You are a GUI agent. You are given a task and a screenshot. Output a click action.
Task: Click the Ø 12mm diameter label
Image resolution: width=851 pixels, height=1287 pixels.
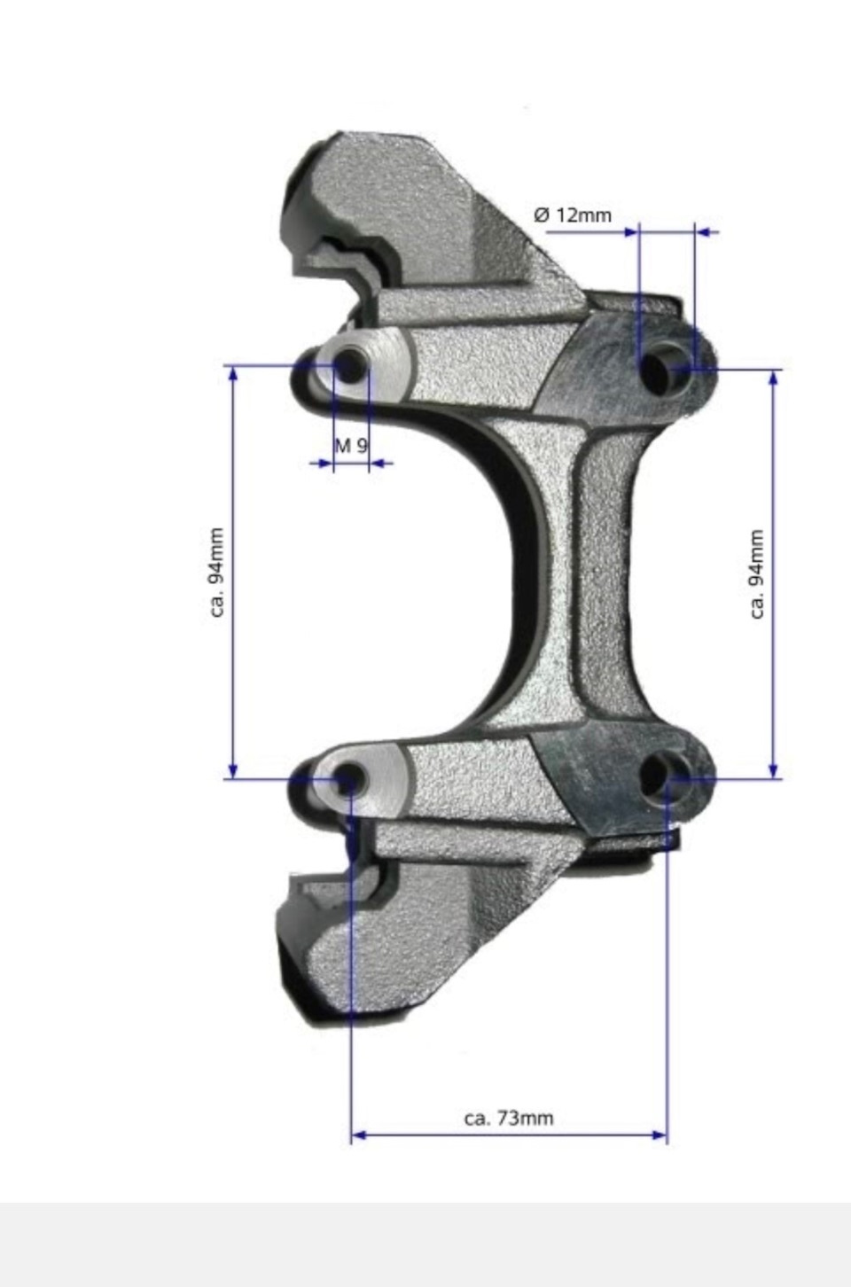[573, 215]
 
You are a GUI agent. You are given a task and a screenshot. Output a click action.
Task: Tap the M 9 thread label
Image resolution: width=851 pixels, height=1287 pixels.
[350, 445]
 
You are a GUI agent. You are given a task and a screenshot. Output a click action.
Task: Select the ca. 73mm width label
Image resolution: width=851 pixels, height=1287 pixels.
[509, 1118]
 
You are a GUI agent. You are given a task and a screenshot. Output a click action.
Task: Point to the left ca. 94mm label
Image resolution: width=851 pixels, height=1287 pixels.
[216, 573]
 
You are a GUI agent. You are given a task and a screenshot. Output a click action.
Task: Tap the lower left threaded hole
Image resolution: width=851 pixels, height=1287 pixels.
[347, 779]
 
